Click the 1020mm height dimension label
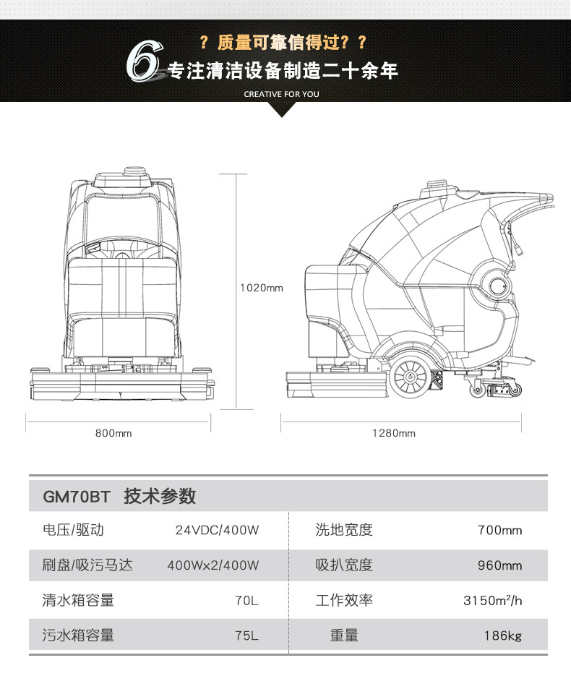click(261, 288)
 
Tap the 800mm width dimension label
click(113, 433)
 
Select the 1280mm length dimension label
click(394, 433)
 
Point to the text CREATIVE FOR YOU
click(281, 94)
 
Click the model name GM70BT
click(76, 497)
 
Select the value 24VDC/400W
click(217, 530)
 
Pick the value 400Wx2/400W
click(212, 565)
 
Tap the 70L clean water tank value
click(246, 600)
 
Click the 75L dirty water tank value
click(246, 636)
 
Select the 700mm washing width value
click(499, 530)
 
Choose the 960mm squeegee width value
click(499, 565)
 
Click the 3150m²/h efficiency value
click(492, 600)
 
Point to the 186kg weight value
click(502, 636)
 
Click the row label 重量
click(344, 636)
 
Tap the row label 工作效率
click(344, 600)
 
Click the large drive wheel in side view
click(409, 377)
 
